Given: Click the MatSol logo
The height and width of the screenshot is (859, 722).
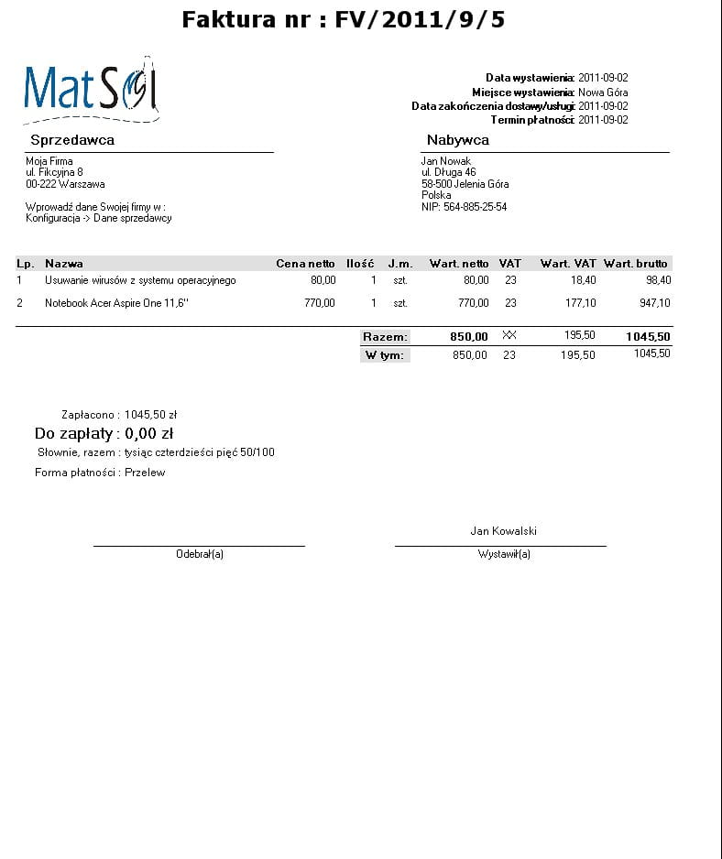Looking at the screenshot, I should (91, 90).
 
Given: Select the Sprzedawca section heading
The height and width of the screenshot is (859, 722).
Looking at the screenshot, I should (72, 140).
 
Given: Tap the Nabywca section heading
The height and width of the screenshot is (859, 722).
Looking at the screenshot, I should (457, 140).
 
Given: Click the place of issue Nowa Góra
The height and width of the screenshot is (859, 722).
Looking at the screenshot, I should (602, 92).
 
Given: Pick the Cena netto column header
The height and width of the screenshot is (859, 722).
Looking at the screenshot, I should (305, 264).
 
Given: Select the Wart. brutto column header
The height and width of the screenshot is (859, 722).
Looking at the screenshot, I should (635, 264).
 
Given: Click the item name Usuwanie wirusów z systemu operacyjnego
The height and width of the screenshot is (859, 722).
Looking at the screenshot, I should (140, 280).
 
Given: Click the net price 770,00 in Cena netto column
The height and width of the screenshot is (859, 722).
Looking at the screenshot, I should (320, 303).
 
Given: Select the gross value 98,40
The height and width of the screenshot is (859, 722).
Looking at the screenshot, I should (657, 280).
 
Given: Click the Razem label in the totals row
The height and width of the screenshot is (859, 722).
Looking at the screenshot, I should (385, 337).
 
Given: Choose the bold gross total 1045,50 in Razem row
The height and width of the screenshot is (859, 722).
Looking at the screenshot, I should (648, 337).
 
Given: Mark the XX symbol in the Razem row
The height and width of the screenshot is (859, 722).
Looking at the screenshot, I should (509, 336).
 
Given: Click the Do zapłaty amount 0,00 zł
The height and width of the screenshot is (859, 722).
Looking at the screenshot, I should (149, 433).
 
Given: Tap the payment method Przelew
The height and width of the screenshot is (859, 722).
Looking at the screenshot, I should (145, 473).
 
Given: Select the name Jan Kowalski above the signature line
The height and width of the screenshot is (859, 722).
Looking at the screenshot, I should (503, 531).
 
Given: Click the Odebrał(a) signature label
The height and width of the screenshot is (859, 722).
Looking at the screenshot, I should (200, 554).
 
